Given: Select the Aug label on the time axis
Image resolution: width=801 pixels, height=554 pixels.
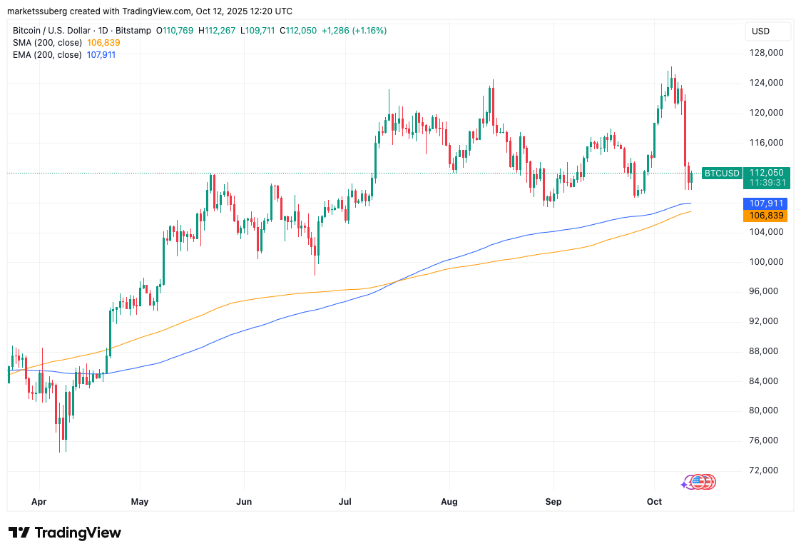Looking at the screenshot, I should coord(449,501).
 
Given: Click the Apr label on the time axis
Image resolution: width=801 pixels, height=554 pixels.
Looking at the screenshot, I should coord(39,501).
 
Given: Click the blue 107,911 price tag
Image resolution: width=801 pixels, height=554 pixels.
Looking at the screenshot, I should coord(765,203).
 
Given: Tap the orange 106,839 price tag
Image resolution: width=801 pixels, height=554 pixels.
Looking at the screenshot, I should coord(765,216).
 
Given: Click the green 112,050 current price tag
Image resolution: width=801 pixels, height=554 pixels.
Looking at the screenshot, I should coord(767,173).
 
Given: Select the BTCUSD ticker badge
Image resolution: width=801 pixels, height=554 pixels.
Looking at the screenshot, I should coord(722,173).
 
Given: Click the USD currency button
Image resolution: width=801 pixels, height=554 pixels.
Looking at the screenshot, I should coord(761,31).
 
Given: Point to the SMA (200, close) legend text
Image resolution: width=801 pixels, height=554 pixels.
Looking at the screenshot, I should coord(47,43).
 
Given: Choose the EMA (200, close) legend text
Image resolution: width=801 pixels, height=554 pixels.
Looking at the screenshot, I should coord(47,54).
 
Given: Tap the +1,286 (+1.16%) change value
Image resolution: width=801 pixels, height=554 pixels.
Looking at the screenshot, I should coord(354,31).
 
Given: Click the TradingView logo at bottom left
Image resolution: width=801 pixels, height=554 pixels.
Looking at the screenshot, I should coord(65,533).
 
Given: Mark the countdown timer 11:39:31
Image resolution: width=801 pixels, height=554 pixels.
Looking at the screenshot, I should coord(767,183).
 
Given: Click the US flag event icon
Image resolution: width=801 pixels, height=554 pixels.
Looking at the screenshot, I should coord(699,483).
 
